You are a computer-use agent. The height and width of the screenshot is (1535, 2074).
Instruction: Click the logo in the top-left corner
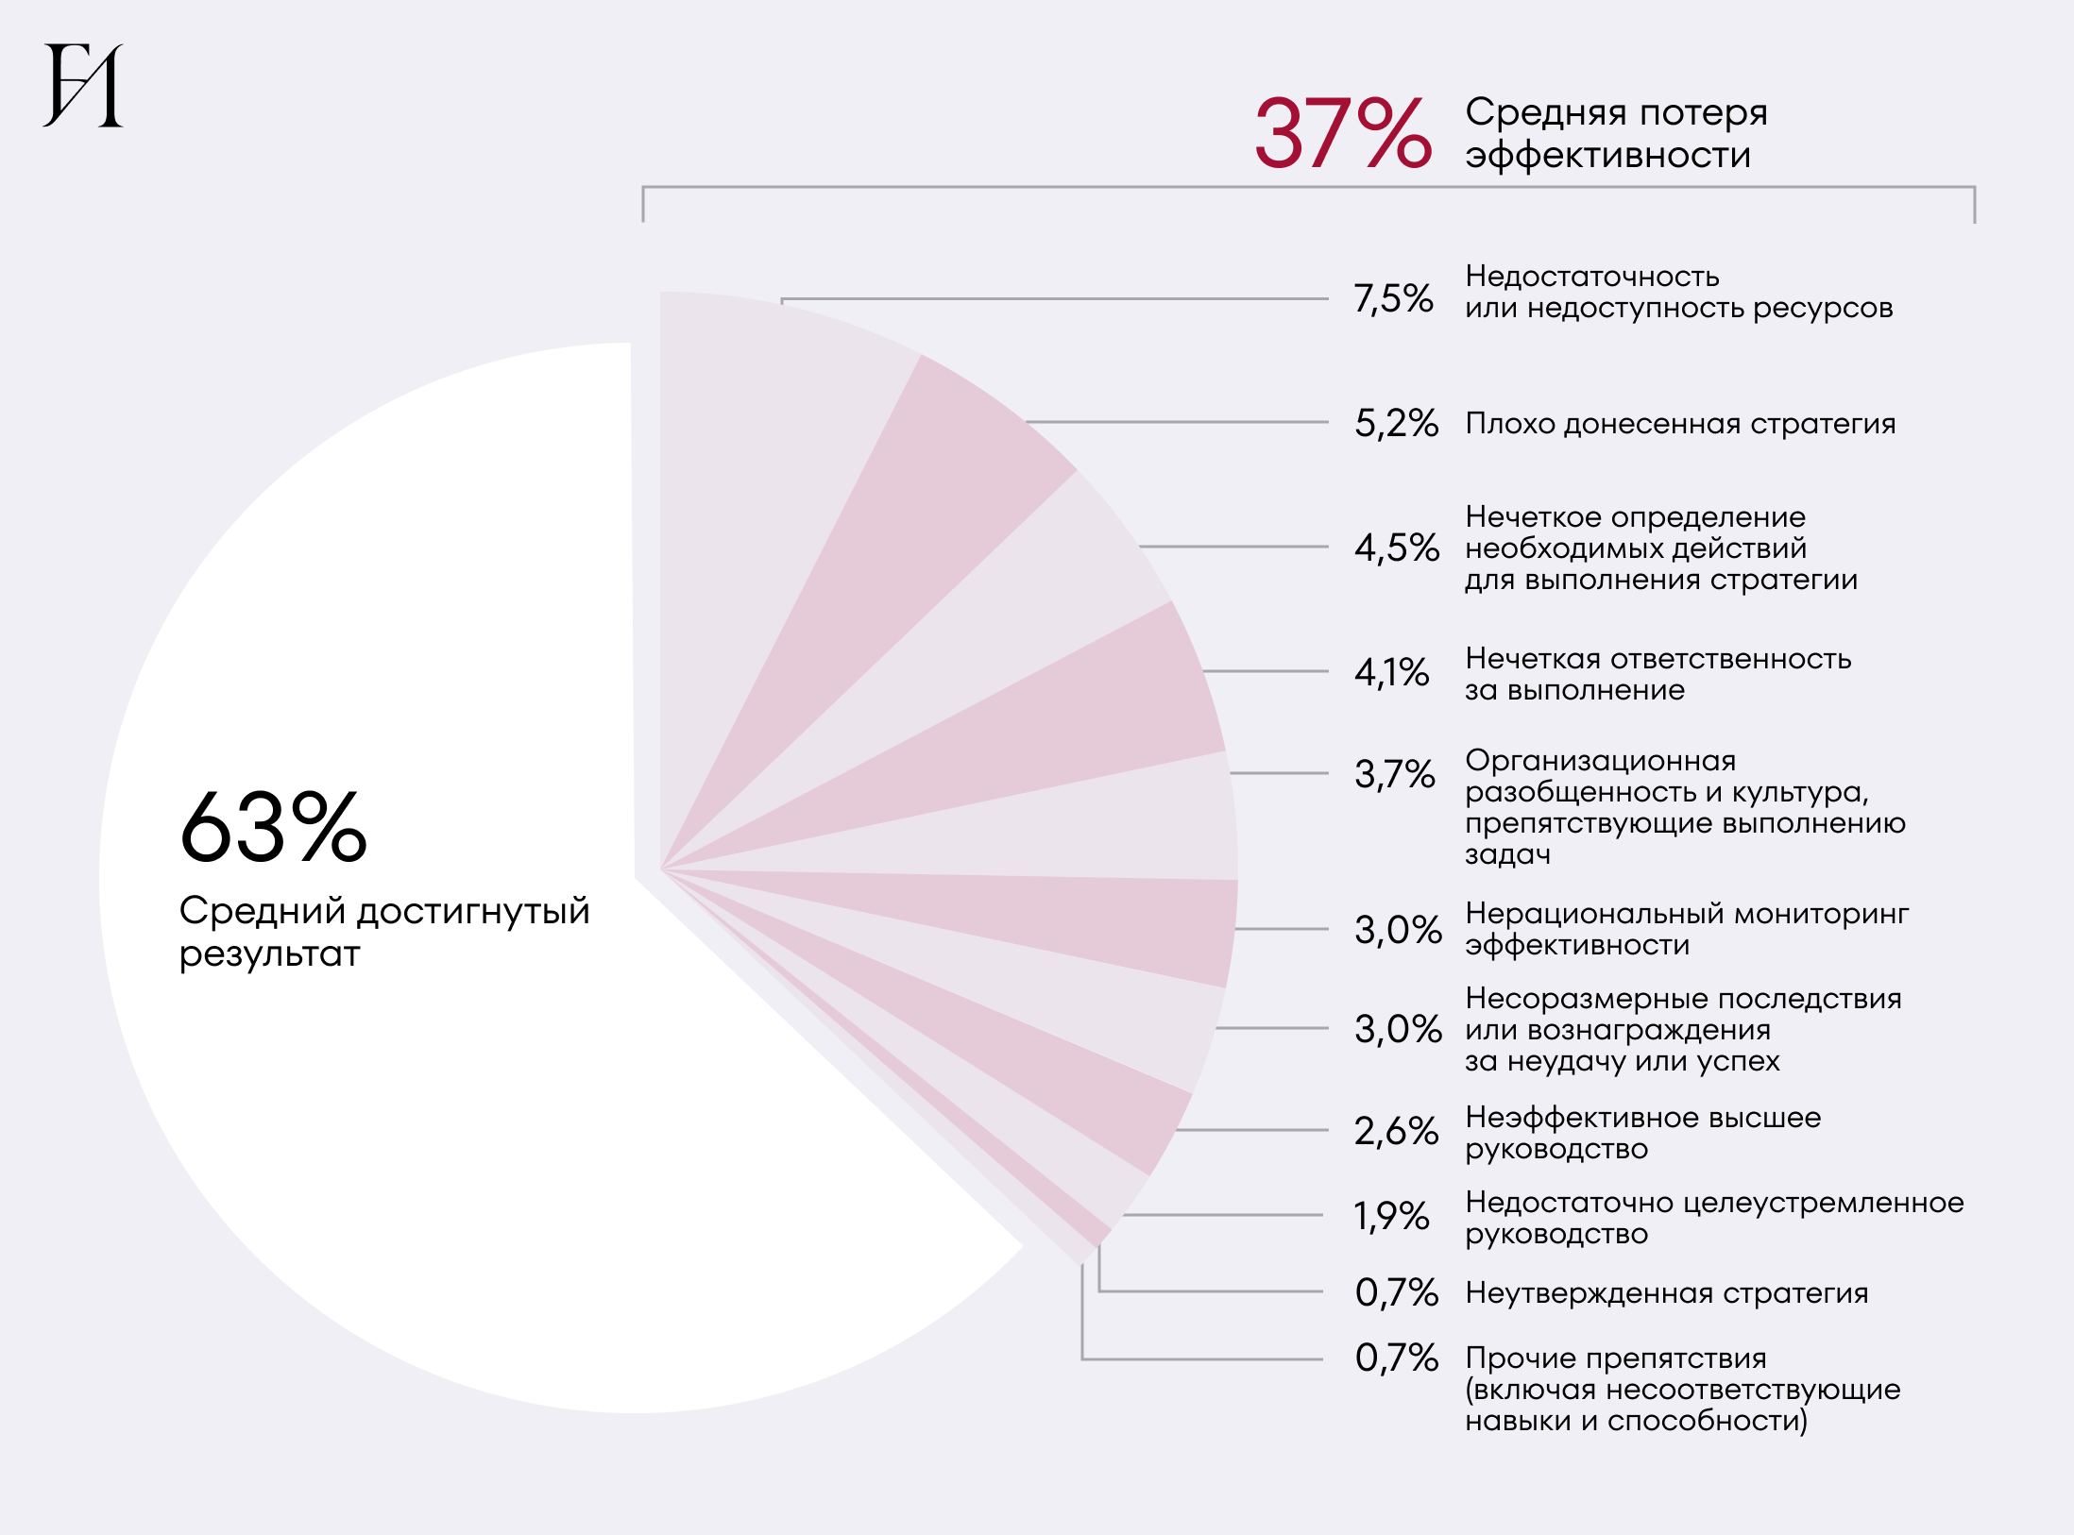pos(83,85)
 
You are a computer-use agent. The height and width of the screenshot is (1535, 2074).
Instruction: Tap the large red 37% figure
pos(1342,134)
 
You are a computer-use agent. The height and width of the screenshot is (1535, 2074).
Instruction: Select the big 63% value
pos(273,828)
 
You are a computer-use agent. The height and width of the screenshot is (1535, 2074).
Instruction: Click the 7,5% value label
pos(1393,298)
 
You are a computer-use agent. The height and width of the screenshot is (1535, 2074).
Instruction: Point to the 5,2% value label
pos(1396,423)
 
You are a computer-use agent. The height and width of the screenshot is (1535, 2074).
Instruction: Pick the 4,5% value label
pos(1396,548)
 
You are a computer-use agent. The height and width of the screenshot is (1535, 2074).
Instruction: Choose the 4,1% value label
pos(1391,672)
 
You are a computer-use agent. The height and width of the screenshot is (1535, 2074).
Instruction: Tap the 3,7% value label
pos(1394,774)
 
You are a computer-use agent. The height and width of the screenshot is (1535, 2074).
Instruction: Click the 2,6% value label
pos(1396,1130)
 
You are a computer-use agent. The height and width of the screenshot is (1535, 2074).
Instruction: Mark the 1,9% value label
pos(1391,1216)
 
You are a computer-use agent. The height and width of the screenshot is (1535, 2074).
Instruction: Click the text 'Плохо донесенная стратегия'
pos(1680,424)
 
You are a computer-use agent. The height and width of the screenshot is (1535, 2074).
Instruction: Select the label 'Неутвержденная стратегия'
pos(1666,1292)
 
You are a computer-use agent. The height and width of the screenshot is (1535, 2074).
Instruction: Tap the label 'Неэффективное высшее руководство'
pos(1642,1133)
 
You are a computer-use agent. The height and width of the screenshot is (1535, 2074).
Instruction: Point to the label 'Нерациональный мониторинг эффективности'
pos(1686,929)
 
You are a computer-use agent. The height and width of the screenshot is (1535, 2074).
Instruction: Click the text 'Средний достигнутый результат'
pos(383,932)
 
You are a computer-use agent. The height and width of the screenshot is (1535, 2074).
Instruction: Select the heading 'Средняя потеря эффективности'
pos(1615,133)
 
